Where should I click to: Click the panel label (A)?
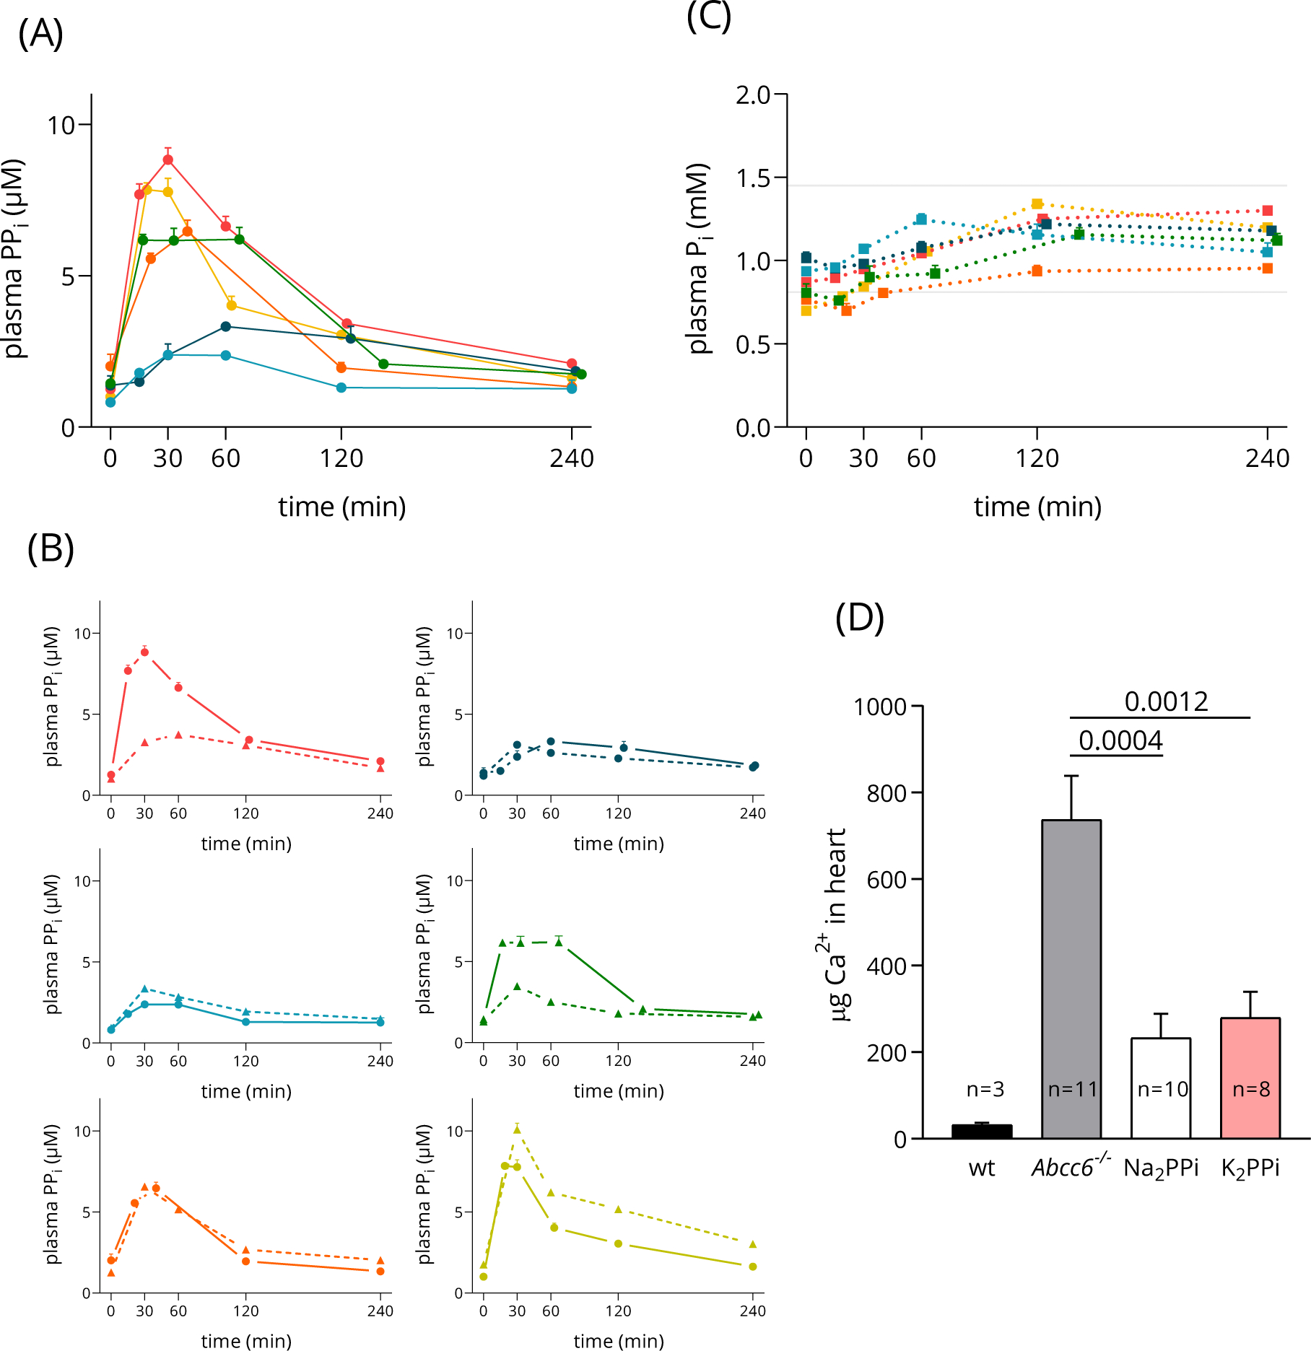tap(40, 33)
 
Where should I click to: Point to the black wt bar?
tap(982, 1131)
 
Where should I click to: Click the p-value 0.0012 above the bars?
tap(1166, 701)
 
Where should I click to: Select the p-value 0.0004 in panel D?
tap(1120, 740)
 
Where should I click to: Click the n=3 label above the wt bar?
tap(985, 1089)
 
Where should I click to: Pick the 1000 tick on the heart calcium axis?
tap(879, 707)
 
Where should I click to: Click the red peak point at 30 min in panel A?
tap(168, 159)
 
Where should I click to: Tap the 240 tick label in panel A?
tap(571, 458)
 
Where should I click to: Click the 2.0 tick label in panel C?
tap(753, 95)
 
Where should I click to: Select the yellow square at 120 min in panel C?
tap(1037, 204)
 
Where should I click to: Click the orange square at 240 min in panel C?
tap(1268, 268)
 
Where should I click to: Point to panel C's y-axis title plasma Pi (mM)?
tap(698, 258)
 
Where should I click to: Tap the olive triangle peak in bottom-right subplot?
tap(517, 1129)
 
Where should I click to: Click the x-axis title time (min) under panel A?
tap(342, 507)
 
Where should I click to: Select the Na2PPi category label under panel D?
tap(1161, 1168)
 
